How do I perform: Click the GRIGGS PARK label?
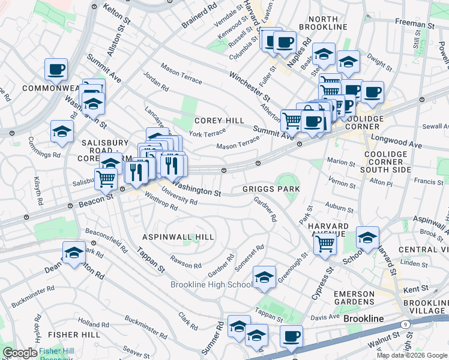point(271,188)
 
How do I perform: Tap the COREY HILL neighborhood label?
point(219,121)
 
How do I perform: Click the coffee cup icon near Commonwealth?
point(56,70)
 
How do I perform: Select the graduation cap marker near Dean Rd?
point(74,253)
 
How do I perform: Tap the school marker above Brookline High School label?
point(264,277)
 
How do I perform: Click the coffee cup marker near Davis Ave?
point(291,337)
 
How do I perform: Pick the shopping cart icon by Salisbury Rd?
point(106,178)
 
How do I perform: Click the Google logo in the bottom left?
point(19,353)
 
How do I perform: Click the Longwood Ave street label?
point(413,145)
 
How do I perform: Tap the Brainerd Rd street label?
point(199,18)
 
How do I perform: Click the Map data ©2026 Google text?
point(412,355)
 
